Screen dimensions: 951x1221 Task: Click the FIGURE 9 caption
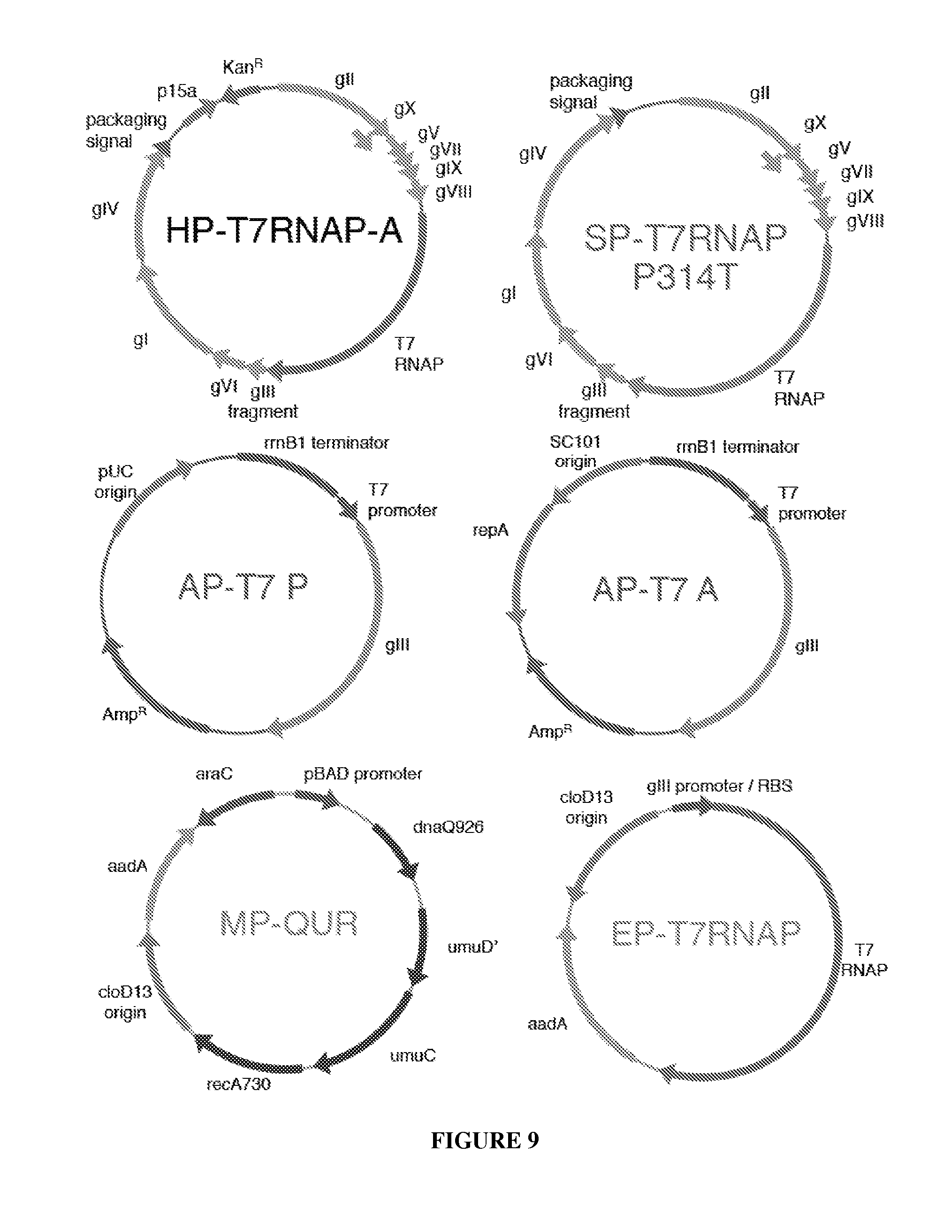484,1140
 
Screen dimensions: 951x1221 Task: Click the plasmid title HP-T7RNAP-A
284,230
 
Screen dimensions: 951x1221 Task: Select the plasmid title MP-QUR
289,923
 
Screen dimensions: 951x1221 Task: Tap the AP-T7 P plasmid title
243,588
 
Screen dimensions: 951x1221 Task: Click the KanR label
242,67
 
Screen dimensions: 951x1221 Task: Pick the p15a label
177,91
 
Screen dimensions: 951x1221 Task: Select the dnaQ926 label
448,827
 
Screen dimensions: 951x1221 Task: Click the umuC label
412,1055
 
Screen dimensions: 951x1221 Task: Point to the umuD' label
472,947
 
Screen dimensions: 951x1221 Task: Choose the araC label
213,774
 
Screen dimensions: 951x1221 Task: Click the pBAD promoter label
362,774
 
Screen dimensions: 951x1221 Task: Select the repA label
490,530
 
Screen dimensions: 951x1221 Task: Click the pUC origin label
115,481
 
